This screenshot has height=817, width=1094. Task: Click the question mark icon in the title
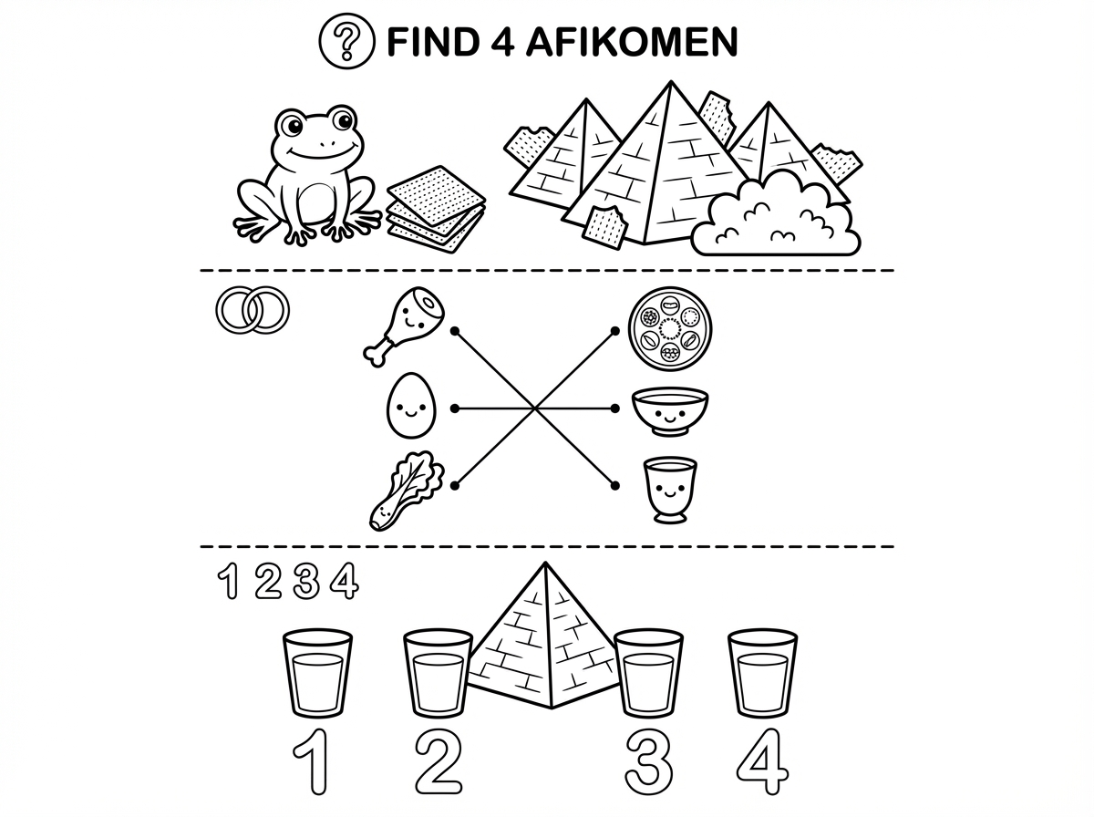coord(346,41)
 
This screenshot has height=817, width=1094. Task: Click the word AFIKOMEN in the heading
coord(632,42)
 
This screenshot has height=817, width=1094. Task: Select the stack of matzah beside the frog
coord(437,210)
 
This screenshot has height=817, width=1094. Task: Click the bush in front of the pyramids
coord(776,215)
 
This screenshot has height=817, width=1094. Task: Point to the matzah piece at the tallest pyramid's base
coord(604,227)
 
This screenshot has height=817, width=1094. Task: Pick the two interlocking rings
coord(253,309)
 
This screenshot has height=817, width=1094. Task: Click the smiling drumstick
coord(404,326)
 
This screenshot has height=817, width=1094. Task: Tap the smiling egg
coord(411,405)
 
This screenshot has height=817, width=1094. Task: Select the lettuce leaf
coord(407,491)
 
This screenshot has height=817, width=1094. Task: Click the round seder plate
coord(670,328)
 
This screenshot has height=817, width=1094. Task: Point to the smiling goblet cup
coord(670,491)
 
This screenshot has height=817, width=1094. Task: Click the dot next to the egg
coord(455,408)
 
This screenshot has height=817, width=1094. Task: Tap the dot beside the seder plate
coord(615,331)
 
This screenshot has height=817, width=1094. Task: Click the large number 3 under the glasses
coord(648,761)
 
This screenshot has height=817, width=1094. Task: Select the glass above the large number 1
coord(317,674)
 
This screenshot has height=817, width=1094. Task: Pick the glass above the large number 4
coord(762,674)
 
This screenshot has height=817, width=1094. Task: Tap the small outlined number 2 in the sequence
coord(268,580)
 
